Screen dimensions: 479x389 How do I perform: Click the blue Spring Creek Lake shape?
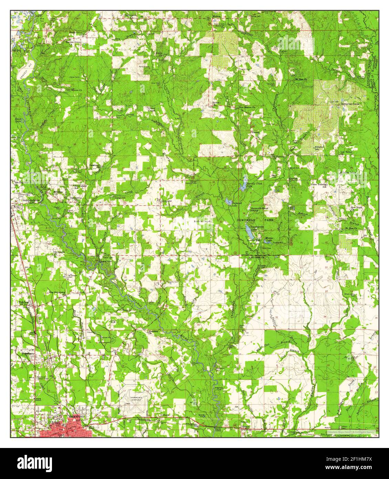coord(243,186)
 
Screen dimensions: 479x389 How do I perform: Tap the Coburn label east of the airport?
coord(163,415)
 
